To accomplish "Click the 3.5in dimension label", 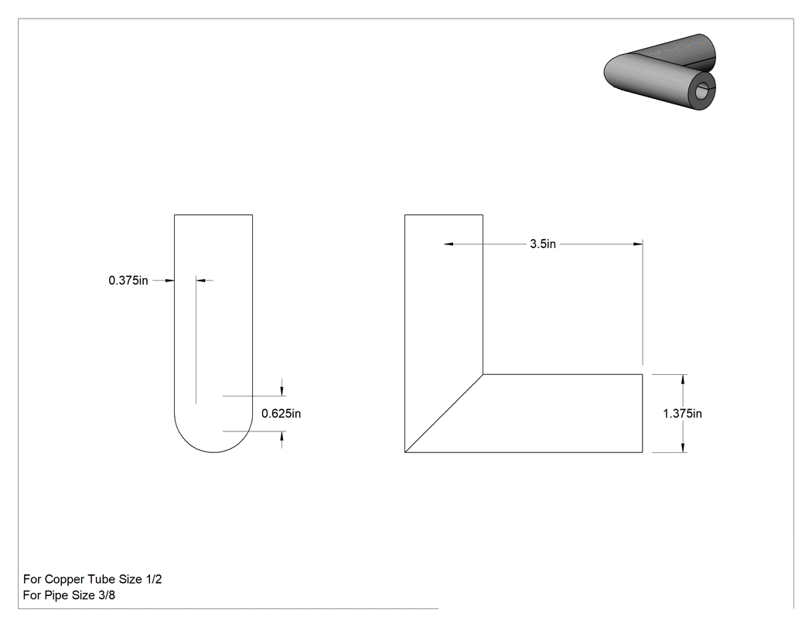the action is coord(542,244).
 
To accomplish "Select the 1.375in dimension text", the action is coord(683,414).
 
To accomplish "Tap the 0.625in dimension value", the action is coord(281,414).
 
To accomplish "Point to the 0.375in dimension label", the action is coord(128,281).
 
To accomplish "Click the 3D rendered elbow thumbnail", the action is coord(660,72).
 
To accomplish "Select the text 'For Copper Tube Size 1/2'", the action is coord(93,579).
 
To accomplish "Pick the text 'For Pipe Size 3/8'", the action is coord(69,595).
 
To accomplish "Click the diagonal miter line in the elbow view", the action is coord(444,414).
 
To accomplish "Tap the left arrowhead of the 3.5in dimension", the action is coord(449,244).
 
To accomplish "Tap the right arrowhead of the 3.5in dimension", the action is coord(638,244).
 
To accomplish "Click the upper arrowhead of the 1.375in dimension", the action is coord(684,380).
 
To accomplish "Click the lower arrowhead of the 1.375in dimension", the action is coord(684,448).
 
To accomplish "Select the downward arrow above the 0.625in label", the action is coord(281,387).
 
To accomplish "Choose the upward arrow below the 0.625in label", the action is coord(281,440).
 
